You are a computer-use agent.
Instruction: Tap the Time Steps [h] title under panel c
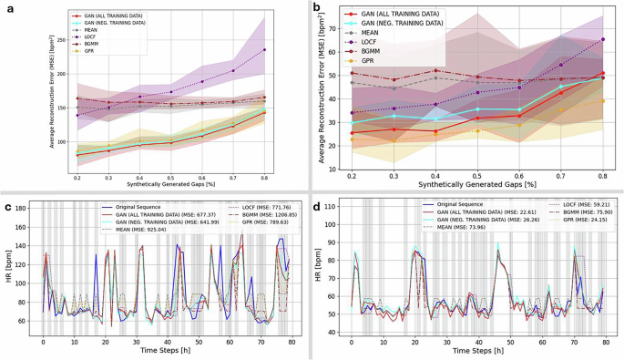point(166,350)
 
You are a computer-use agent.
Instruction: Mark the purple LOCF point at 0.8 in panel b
point(603,39)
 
